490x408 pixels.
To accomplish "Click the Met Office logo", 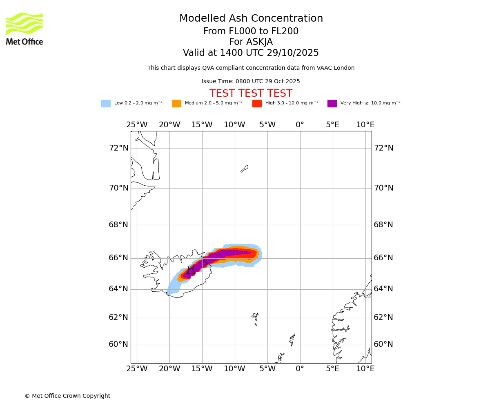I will point(24,29).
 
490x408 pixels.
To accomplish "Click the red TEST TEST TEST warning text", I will point(251,94).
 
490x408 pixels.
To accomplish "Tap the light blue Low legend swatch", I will point(106,104).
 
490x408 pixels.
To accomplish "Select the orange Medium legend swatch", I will point(176,104).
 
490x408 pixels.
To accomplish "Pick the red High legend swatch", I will point(257,104).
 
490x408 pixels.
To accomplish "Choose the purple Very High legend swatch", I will point(332,104).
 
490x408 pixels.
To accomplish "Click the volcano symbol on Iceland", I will point(191,271).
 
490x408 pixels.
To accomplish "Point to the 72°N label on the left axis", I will point(118,148).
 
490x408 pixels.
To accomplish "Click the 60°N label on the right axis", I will point(383,344).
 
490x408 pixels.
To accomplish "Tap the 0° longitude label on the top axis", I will point(300,125).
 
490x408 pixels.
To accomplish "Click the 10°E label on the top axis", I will point(365,125).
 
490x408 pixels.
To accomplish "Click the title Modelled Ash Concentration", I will point(251,19).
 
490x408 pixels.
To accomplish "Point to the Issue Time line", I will point(251,82).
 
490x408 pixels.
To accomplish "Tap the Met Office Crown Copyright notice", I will point(67,396).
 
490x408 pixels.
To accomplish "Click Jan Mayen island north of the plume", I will point(245,169).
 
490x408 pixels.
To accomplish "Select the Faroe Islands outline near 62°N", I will point(255,317).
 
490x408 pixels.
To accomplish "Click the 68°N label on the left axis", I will point(118,225).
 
